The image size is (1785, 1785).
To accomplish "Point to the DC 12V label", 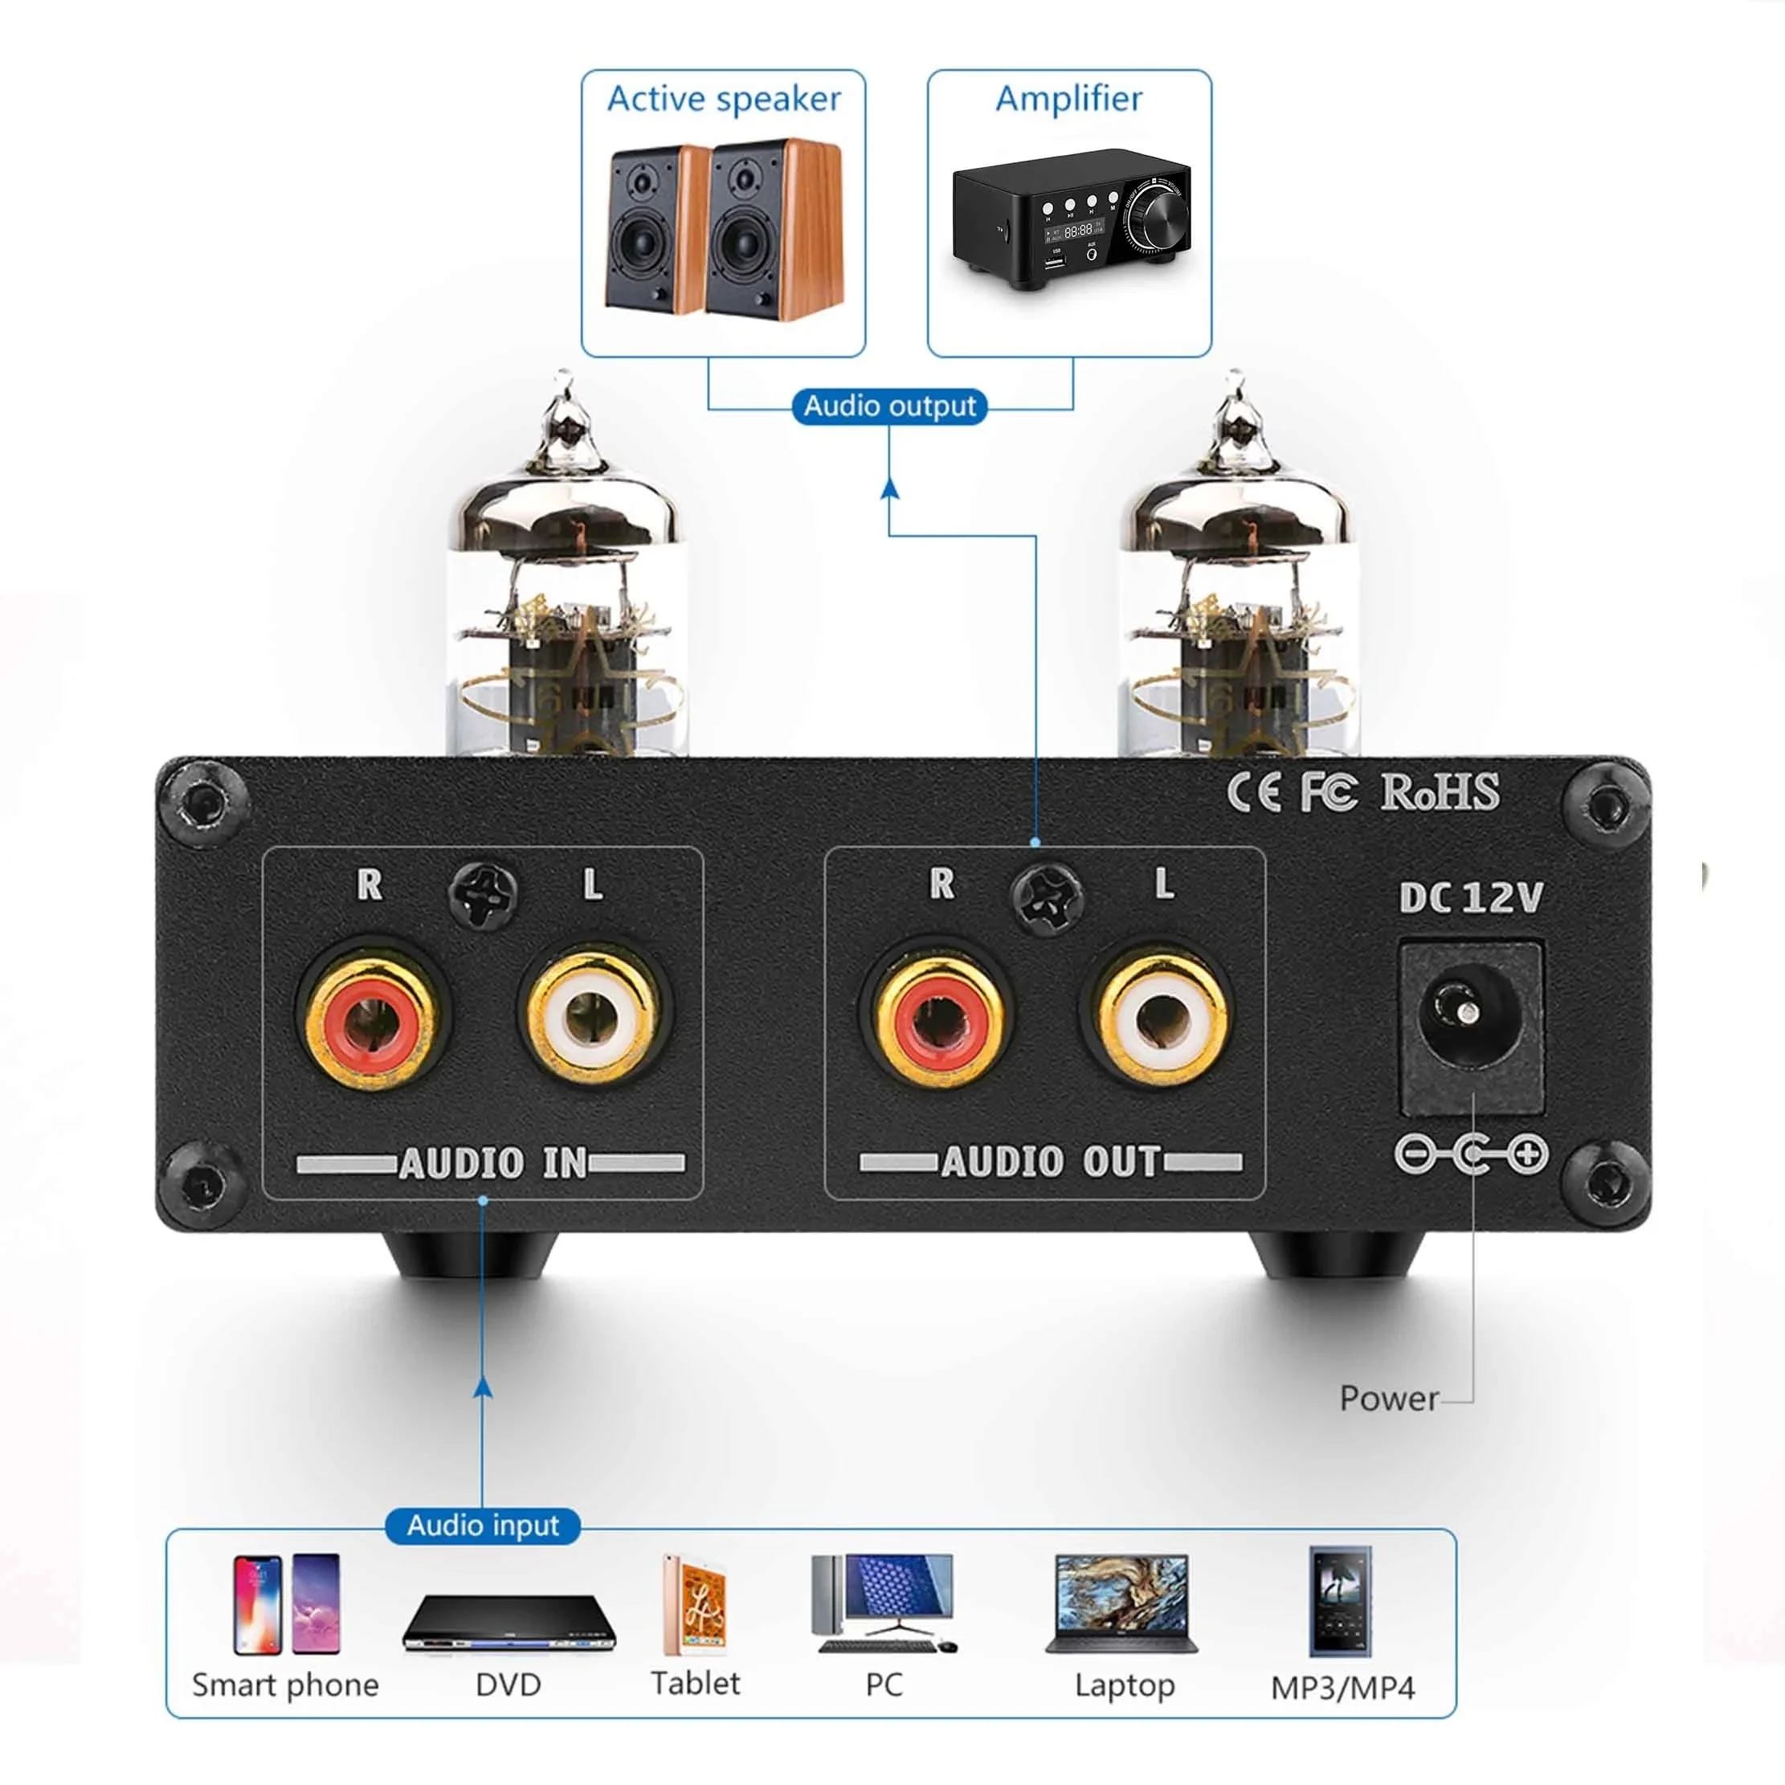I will [1470, 897].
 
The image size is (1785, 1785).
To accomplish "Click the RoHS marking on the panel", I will [1439, 793].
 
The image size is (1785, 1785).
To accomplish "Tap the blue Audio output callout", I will [888, 406].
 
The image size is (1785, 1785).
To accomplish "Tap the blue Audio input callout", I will [482, 1525].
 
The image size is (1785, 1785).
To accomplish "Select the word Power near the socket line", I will [1387, 1398].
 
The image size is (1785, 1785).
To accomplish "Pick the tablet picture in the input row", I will [696, 1607].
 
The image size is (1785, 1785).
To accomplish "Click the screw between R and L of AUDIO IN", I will [482, 893].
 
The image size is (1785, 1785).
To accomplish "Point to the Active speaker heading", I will [724, 99].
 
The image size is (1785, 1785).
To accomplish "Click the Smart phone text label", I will [285, 1685].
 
